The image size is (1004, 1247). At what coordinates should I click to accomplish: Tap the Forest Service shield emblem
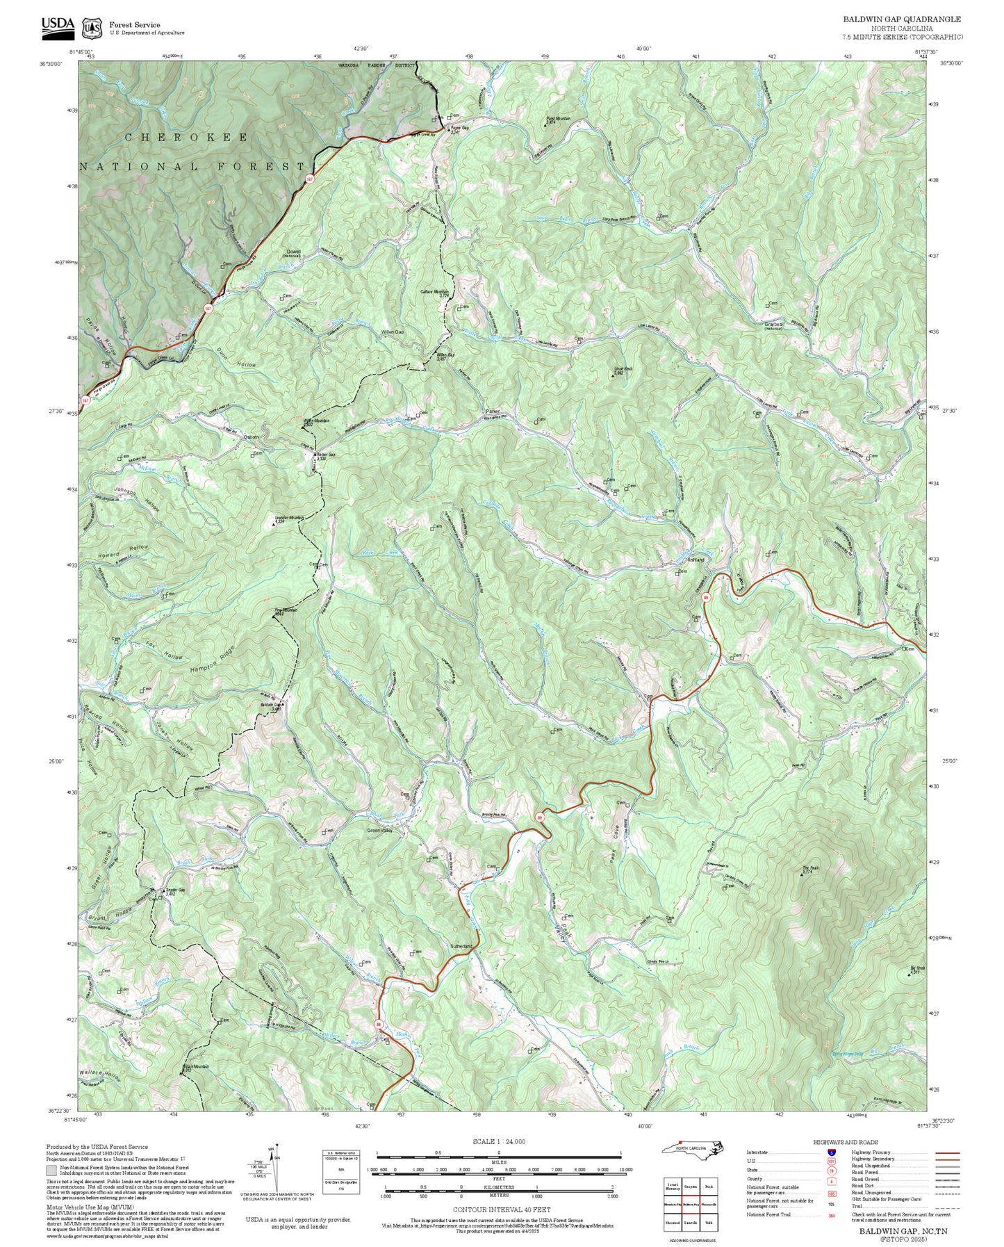(91, 28)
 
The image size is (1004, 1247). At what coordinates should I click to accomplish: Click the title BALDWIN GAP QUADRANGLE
(902, 19)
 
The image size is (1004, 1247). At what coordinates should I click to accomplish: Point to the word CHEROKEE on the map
(186, 138)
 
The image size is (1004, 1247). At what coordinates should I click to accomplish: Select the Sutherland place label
(461, 946)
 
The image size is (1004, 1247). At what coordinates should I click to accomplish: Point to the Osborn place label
(251, 437)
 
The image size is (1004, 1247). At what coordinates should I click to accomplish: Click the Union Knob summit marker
(613, 375)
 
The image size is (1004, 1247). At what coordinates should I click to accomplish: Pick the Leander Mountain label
(290, 518)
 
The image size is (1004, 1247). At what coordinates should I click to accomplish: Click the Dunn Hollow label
(236, 358)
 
